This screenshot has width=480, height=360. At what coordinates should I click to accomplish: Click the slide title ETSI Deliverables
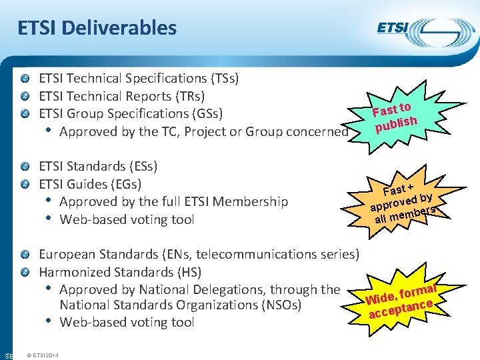point(97,28)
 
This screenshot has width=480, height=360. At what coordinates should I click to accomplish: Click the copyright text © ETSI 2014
point(42,355)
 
